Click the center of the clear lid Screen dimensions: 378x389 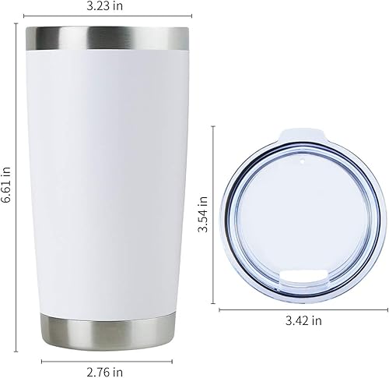[x=300, y=214]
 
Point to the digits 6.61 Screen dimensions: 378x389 [x=7, y=189]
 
